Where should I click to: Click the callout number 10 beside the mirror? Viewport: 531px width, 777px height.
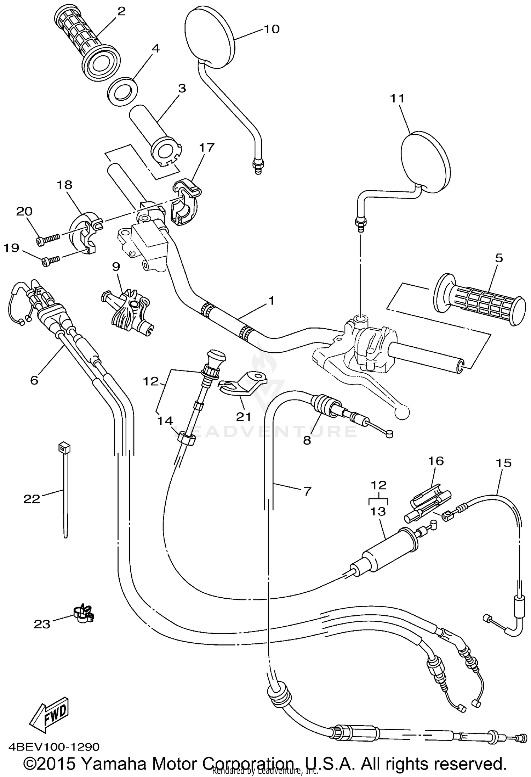[272, 29]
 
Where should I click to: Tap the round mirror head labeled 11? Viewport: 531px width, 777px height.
[427, 162]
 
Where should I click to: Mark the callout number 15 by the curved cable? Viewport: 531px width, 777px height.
[503, 463]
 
